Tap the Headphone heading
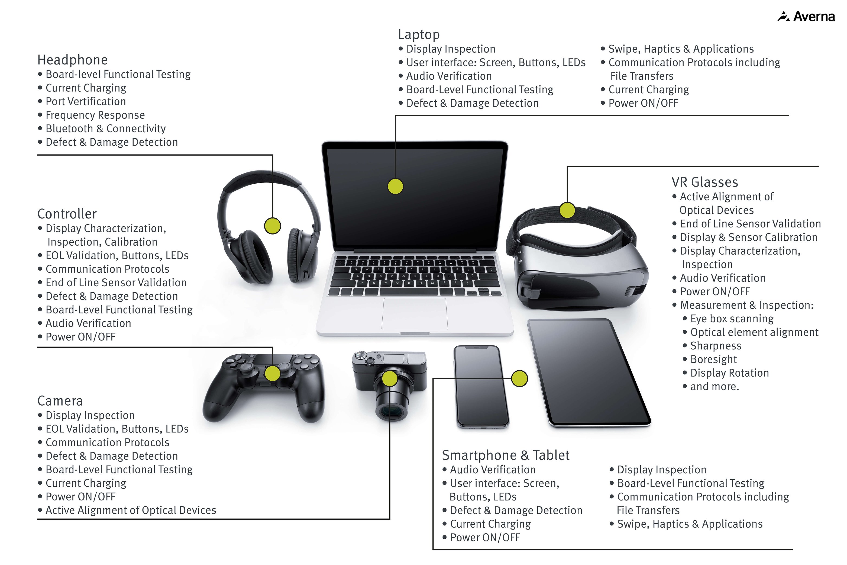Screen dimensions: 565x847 72,60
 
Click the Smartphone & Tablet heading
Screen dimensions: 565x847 505,455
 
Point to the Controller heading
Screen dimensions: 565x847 67,214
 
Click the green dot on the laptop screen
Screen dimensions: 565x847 395,186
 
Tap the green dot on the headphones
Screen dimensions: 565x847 272,226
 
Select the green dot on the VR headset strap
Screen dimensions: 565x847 567,210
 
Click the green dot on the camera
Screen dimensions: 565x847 389,379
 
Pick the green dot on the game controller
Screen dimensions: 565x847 272,373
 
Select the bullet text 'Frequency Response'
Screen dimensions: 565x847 95,115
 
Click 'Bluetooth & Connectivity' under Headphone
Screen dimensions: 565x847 105,129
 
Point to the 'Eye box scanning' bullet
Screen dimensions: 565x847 731,319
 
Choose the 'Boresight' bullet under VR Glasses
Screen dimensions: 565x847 713,359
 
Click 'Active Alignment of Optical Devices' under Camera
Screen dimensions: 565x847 131,510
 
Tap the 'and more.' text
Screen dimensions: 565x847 714,386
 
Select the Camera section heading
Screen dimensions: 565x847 60,401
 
